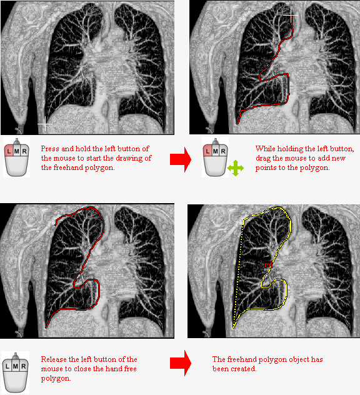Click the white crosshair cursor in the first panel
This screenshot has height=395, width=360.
coord(45,124)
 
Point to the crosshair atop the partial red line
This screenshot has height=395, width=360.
coord(291,15)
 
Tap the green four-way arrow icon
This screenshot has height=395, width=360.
coord(235,168)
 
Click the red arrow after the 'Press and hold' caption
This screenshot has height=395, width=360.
coord(181,160)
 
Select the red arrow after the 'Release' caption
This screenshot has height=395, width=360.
coord(181,363)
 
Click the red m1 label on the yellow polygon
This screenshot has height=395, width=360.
coord(269,264)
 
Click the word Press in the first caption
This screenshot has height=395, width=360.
coord(51,149)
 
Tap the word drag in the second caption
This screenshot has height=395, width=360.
coord(263,159)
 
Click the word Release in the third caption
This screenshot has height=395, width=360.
coord(54,359)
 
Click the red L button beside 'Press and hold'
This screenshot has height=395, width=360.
coord(9,151)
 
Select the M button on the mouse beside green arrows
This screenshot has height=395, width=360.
coord(215,151)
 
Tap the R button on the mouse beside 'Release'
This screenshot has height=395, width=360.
coord(23,366)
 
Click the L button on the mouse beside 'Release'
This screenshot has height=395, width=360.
coord(7,366)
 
